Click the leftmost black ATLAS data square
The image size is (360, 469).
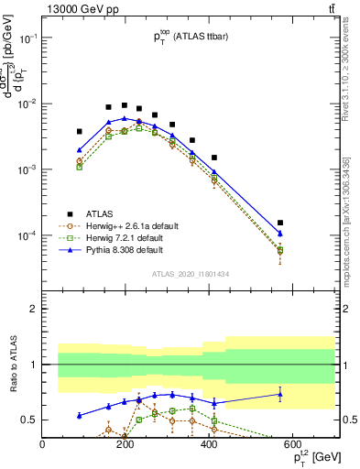click(80, 132)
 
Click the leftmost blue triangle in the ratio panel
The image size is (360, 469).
click(80, 415)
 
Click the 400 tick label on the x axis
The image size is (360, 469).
click(209, 444)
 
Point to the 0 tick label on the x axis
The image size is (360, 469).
click(42, 444)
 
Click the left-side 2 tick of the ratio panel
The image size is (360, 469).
click(34, 309)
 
